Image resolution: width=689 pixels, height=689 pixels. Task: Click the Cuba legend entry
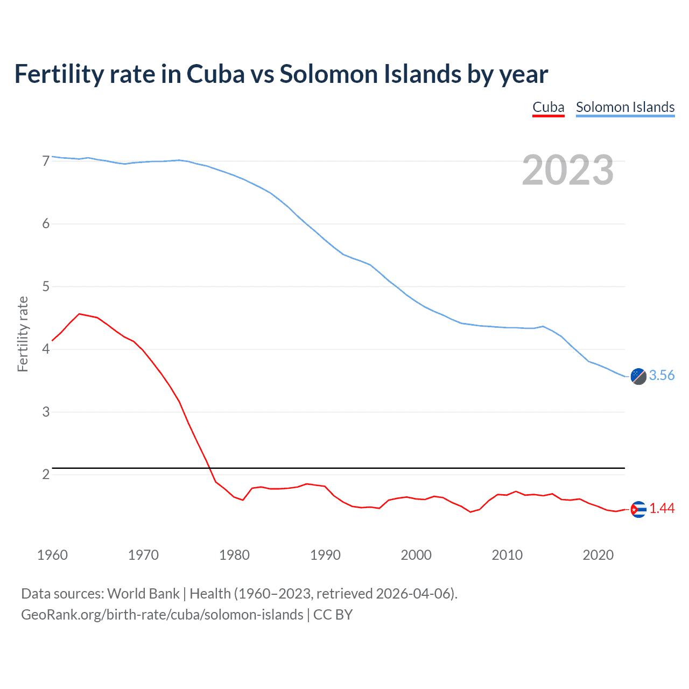coord(548,108)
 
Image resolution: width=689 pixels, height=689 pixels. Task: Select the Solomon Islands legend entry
coord(625,108)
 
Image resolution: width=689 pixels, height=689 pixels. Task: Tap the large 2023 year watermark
coord(567,170)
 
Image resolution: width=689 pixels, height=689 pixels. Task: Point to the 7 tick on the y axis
coord(46,161)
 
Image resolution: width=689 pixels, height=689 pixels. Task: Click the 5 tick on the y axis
coord(46,286)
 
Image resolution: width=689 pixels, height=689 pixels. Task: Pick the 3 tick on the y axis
coord(46,412)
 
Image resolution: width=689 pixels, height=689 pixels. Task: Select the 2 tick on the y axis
coord(46,474)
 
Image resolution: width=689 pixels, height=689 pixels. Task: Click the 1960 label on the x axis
coord(52,555)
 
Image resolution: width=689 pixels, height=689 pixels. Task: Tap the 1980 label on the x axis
coord(234,555)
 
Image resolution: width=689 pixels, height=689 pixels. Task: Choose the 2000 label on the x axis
coord(416,555)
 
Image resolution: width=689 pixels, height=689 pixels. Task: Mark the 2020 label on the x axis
coord(598,555)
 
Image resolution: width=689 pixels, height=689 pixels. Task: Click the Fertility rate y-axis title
coord(23,334)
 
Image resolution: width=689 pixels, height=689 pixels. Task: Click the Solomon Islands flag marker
coord(638,376)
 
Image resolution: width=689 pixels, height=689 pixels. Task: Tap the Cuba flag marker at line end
coord(638,509)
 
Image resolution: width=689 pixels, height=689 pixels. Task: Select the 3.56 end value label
coord(662,376)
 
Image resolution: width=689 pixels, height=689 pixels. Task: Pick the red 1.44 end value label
coord(662,509)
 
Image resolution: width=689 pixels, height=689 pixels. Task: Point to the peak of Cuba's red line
coord(79,314)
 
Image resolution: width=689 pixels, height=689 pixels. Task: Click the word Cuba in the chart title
coord(215,74)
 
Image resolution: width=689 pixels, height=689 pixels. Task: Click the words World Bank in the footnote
coord(143,594)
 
